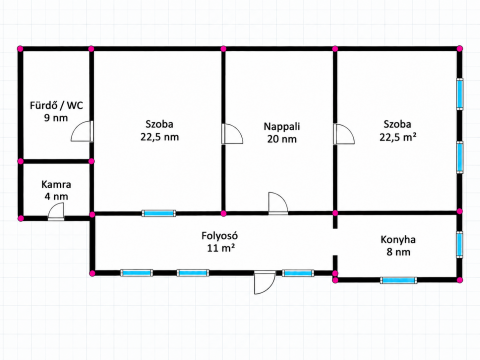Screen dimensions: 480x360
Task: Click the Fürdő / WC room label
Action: click(x=56, y=106)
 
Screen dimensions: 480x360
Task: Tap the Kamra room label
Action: click(x=56, y=184)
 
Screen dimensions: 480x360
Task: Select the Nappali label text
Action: click(x=282, y=127)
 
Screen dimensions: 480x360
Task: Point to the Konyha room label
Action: click(x=398, y=240)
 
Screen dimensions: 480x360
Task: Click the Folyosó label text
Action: click(x=219, y=236)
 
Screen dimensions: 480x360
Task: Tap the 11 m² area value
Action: click(x=221, y=248)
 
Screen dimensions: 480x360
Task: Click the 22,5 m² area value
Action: click(x=398, y=137)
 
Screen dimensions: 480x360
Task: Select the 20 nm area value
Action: click(x=282, y=139)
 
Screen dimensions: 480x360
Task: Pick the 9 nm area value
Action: click(x=56, y=118)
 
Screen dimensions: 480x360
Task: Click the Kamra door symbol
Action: click(x=56, y=212)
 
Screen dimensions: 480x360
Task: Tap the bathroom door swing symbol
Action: click(x=82, y=131)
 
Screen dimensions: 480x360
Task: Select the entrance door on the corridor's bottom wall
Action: click(x=265, y=282)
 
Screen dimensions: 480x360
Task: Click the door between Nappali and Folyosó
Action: click(x=278, y=203)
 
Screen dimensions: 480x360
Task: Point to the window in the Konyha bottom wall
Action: click(x=398, y=280)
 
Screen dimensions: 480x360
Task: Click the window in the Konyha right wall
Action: click(x=460, y=244)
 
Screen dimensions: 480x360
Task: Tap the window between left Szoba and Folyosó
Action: click(x=159, y=213)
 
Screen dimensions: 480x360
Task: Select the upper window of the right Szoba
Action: click(x=460, y=94)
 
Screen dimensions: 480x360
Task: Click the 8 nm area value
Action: click(x=398, y=252)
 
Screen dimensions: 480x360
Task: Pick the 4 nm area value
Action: click(x=56, y=196)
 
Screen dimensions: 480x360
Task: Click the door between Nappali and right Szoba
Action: click(x=344, y=134)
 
